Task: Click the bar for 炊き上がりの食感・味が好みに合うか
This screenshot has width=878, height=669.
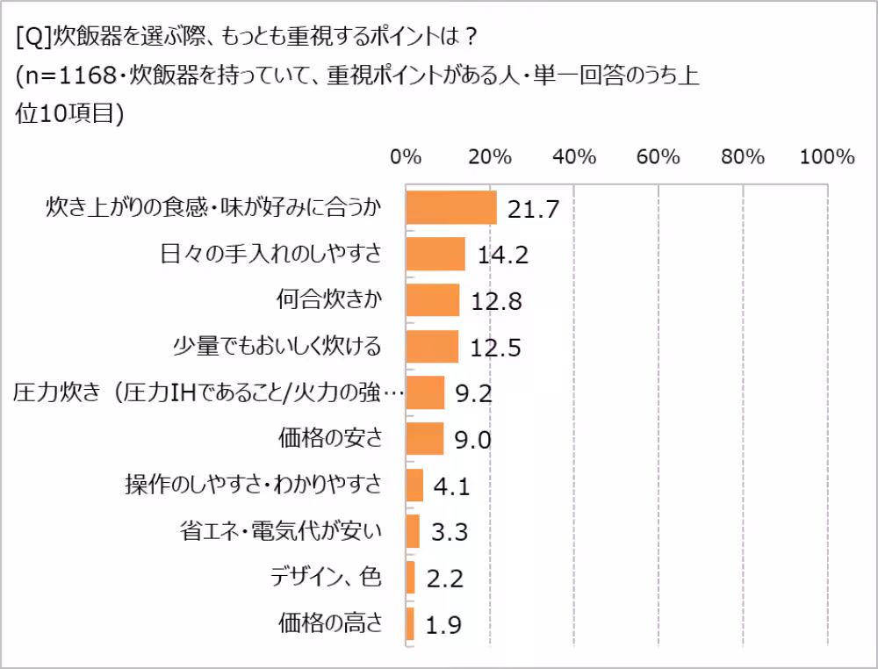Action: (451, 208)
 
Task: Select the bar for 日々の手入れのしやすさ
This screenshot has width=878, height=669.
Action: (435, 255)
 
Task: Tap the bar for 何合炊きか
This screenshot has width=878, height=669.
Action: (433, 300)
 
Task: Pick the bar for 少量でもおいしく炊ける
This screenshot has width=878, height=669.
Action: (432, 347)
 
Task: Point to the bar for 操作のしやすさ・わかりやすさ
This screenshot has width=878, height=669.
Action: (414, 485)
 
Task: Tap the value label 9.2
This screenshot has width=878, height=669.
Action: (473, 393)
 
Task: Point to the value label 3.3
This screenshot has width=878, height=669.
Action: (448, 531)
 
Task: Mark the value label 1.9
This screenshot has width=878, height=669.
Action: (443, 624)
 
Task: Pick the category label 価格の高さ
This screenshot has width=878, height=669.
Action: (330, 623)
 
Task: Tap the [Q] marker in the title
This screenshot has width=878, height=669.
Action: (32, 38)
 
